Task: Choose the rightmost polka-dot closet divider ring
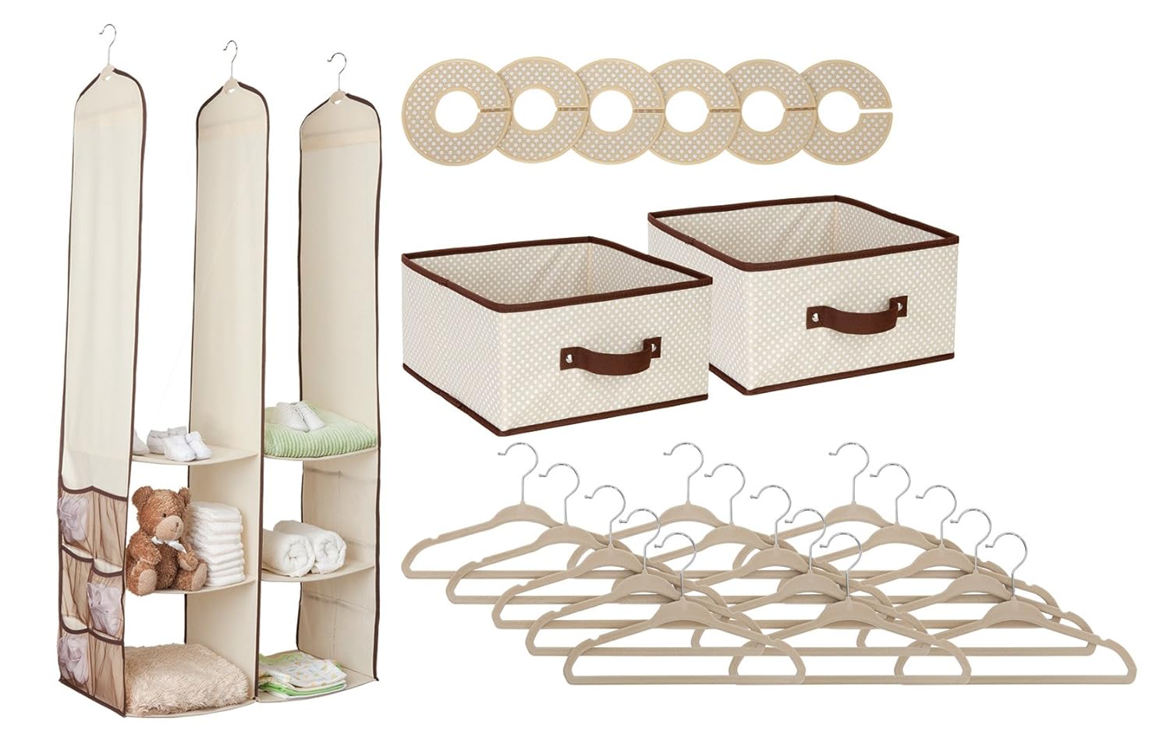pyautogui.click(x=848, y=114)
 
